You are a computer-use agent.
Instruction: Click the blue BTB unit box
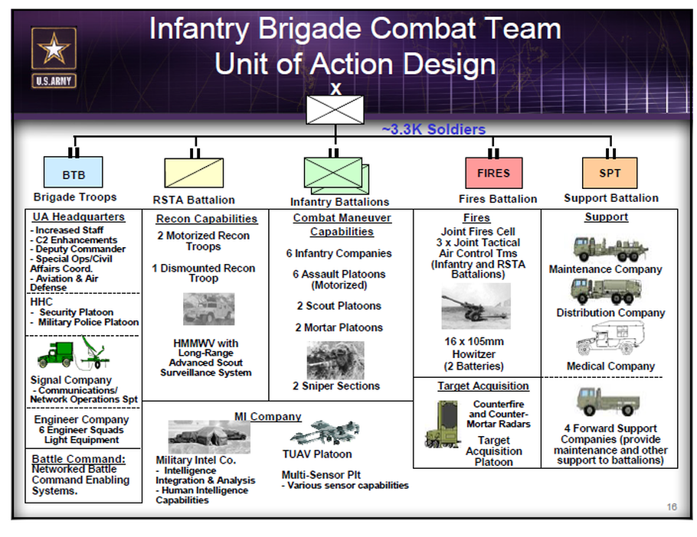74,174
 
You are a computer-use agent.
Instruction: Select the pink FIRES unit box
493,173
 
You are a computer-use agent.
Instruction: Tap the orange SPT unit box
610,173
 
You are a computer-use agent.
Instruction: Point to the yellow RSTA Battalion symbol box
194,174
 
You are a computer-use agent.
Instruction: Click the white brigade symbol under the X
335,109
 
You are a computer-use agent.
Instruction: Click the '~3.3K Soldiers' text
434,130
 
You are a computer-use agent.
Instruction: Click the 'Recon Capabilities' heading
206,219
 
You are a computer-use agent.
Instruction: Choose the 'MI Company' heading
267,417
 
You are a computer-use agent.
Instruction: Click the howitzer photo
476,309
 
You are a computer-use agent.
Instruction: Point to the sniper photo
335,360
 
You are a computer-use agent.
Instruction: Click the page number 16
671,506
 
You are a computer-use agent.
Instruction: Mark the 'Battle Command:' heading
78,459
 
